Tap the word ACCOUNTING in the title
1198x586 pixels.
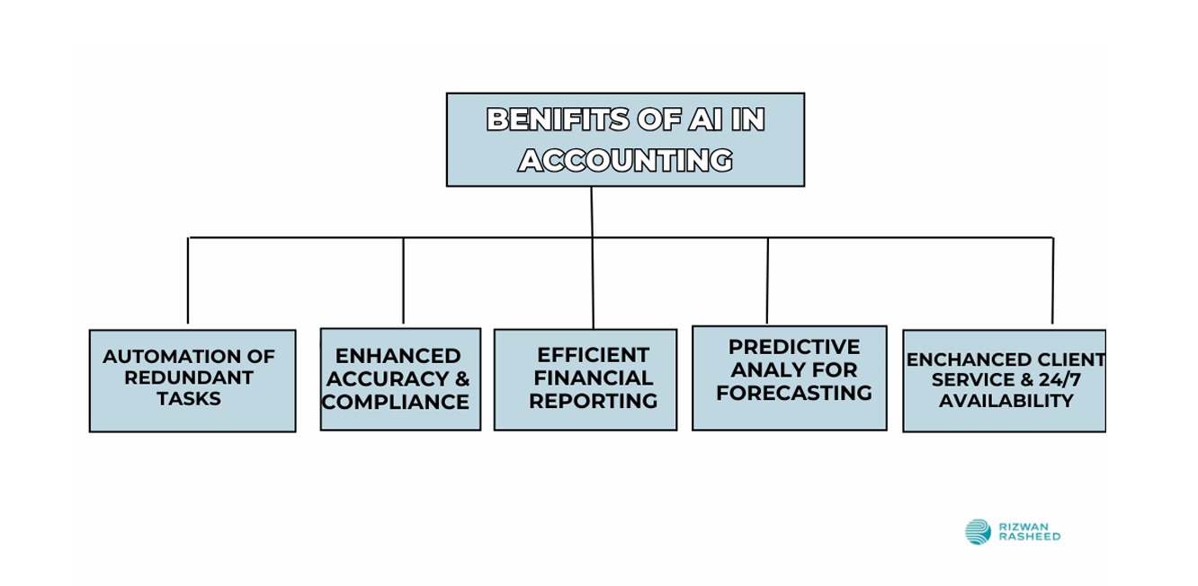pos(625,160)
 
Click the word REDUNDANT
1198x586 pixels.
pos(189,377)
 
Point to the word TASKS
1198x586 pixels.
pos(189,399)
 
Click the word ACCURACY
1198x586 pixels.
pos(388,378)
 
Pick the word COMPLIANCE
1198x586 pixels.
pos(395,402)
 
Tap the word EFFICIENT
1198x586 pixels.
pos(593,355)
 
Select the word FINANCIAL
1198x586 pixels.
pos(593,378)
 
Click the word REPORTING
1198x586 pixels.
pos(593,401)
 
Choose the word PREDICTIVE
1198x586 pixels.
pos(793,347)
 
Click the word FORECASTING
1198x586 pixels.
pos(793,393)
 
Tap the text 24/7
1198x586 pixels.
pos(1059,379)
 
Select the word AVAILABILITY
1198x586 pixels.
pos(1006,401)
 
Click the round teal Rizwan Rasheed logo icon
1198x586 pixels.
pos(979,532)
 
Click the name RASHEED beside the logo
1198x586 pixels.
pos(1030,537)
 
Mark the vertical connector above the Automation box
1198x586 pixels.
pos(188,280)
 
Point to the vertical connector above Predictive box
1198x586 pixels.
pos(767,280)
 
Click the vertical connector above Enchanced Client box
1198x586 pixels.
pos(1052,280)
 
